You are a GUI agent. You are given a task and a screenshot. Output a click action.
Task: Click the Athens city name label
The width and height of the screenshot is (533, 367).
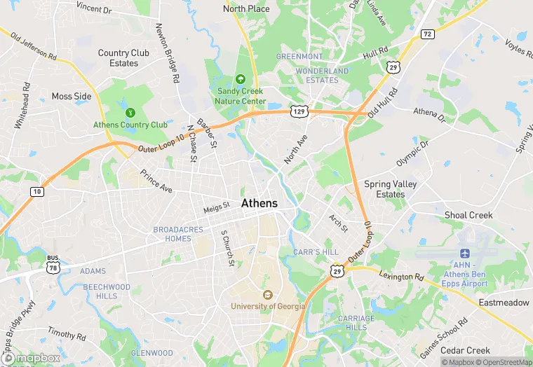coord(259,203)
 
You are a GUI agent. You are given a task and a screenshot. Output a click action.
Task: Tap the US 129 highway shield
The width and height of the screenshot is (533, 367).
coord(299,111)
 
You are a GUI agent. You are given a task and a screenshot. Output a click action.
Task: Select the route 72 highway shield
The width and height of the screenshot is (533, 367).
coord(427,34)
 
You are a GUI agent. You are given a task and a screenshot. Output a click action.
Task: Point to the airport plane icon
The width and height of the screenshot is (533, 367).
coord(464,253)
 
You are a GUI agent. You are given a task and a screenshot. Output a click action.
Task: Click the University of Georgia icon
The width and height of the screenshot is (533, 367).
coord(267,294)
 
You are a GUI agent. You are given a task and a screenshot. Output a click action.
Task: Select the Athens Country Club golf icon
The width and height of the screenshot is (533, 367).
coord(129,112)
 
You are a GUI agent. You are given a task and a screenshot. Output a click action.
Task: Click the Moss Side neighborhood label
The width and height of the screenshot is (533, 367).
coord(72,96)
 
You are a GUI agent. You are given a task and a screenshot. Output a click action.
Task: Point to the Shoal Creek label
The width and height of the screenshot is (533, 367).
coord(468,215)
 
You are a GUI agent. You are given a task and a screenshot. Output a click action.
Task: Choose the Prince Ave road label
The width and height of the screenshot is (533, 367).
coord(156,181)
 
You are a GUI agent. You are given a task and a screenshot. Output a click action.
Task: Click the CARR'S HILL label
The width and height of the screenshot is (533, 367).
coord(316,251)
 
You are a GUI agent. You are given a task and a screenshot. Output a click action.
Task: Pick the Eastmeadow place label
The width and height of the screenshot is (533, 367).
coord(504,303)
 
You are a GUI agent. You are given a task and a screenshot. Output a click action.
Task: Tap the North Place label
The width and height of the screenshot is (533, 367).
coord(246,8)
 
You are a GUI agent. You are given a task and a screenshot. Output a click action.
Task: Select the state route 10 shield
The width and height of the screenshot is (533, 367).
coord(36,191)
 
